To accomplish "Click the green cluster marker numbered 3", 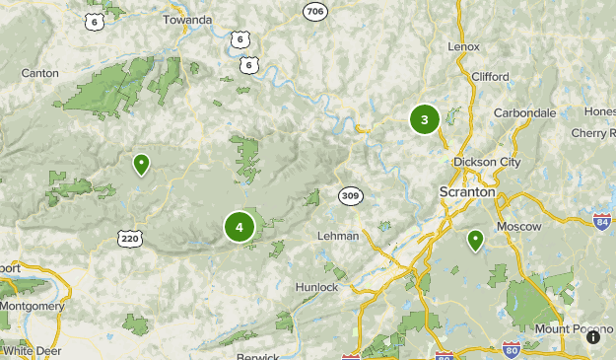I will (425, 120).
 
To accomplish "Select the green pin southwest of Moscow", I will (475, 240).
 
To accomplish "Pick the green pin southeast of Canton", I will (142, 164).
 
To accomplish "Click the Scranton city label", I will (467, 191).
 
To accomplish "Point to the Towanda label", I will (186, 19).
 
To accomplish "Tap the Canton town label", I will (39, 73).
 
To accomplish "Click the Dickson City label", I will (486, 162).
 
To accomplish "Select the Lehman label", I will (340, 237).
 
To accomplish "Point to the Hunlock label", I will (316, 287).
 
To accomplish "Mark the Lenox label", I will (463, 46).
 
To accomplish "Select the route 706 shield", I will (314, 11).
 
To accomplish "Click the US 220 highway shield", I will (130, 238).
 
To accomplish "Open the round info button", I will (593, 336).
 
